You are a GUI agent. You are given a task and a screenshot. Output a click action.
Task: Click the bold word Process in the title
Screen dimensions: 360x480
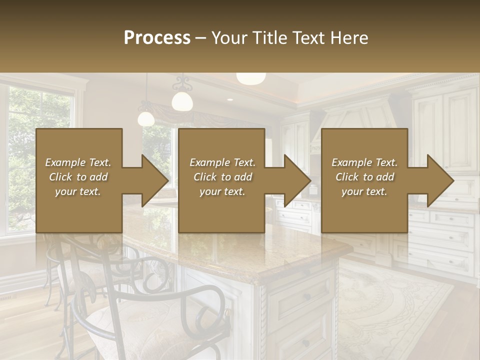(x=157, y=38)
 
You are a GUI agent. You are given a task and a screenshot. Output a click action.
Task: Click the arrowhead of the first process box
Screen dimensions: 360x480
(x=155, y=180)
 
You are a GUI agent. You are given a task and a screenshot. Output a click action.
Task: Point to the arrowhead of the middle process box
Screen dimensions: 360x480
(x=297, y=180)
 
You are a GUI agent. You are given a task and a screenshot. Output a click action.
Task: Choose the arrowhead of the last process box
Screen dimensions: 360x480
(x=440, y=180)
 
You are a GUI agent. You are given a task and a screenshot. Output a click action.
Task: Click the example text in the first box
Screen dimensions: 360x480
(x=78, y=177)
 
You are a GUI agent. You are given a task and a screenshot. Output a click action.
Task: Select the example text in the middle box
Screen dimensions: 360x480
(x=222, y=177)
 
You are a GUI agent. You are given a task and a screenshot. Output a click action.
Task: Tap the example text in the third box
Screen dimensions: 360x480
(x=364, y=177)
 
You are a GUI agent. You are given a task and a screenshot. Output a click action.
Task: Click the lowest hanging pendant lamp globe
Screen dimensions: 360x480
(x=146, y=118)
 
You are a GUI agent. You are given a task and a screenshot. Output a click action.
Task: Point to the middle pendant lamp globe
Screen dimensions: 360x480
(x=182, y=100)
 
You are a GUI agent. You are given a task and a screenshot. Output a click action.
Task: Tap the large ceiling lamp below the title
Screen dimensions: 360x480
(x=251, y=78)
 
